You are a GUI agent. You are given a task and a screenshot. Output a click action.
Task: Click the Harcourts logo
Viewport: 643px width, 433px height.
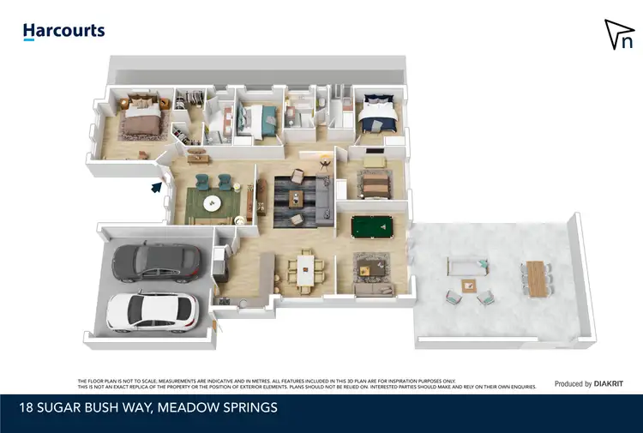[63, 31]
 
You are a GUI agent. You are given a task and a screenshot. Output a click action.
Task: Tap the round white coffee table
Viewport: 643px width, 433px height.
[211, 202]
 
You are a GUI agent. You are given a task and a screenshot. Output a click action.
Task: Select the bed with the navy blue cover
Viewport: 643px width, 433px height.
[376, 114]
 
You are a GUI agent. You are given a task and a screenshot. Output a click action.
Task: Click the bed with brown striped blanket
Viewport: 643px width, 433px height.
[374, 183]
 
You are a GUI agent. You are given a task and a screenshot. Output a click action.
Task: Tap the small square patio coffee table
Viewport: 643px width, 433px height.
[468, 286]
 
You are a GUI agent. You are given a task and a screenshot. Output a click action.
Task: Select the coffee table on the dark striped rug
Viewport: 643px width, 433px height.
[297, 200]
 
